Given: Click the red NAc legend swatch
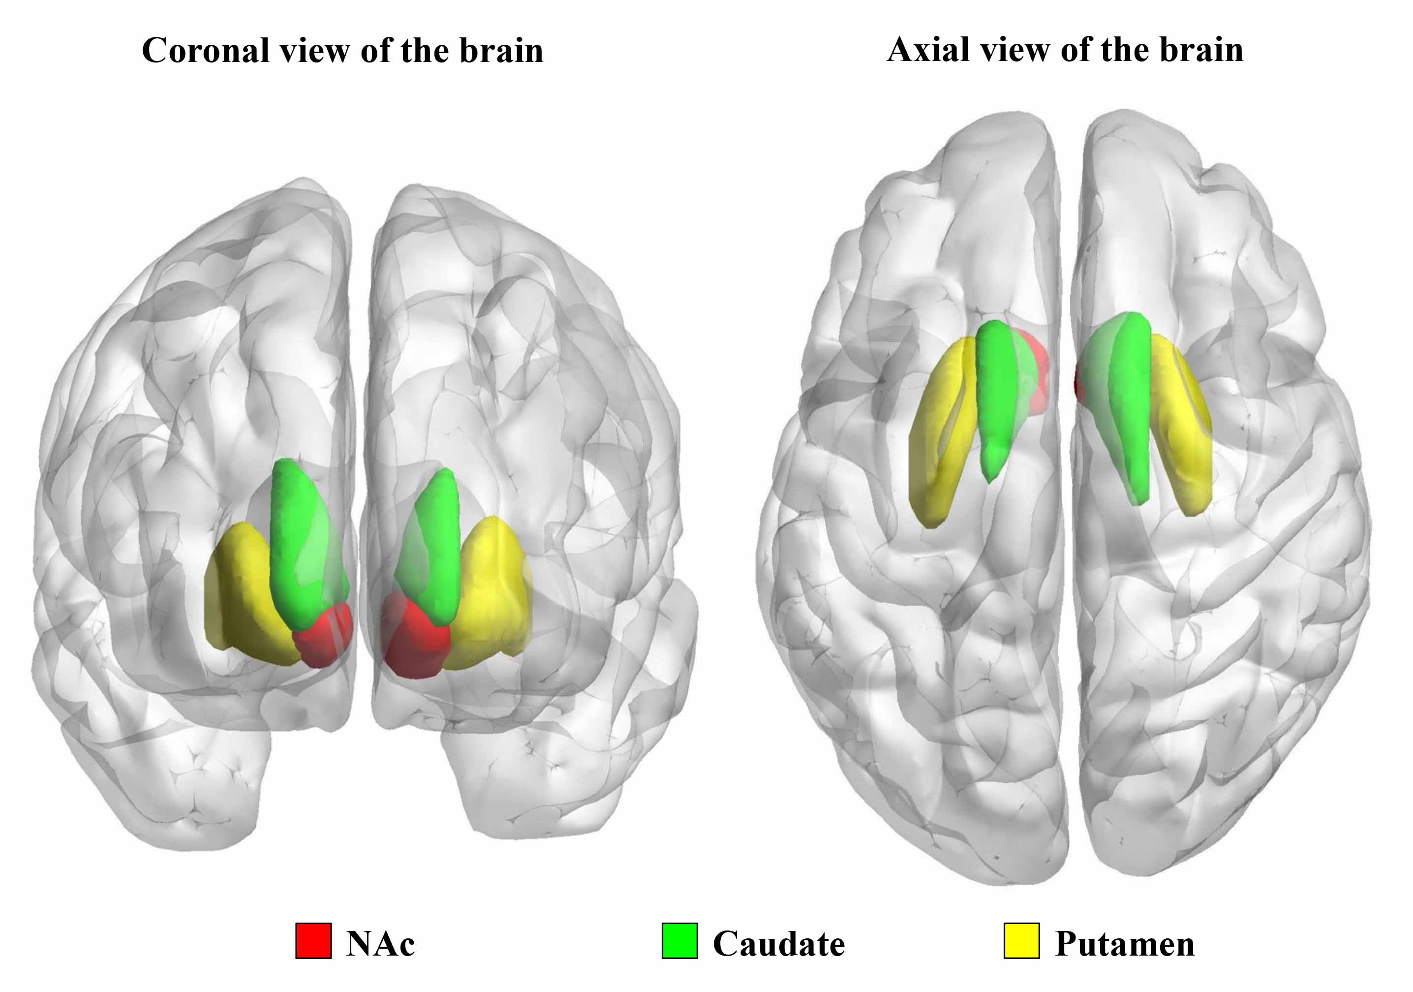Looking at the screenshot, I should point(313,941).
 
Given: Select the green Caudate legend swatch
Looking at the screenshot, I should point(679,941).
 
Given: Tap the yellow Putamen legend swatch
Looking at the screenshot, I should point(1021,941).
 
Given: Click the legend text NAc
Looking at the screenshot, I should point(380,943).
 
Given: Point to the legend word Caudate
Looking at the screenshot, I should point(778,943).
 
